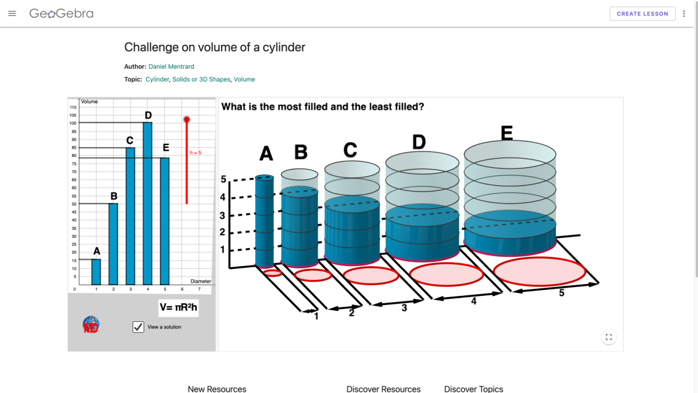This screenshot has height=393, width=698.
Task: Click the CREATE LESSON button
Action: pos(643,14)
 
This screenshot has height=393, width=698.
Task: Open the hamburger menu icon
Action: pos(12,13)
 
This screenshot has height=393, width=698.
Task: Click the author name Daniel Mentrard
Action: pos(171,66)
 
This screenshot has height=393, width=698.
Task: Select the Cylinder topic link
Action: pos(157,79)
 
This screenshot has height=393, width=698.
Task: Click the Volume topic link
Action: pos(244,79)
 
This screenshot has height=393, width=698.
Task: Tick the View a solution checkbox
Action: pos(138,327)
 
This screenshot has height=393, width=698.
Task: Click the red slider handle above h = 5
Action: pos(187,119)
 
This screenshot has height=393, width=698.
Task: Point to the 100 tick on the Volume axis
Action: pos(73,123)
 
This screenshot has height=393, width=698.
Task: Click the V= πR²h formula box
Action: pos(179,307)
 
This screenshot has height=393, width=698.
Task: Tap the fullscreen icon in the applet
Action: pos(608,337)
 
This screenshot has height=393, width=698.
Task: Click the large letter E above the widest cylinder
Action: pos(507,134)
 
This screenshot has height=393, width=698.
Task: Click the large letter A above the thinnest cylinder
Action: pos(266,154)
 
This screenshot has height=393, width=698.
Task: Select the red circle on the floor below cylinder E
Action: pos(539,271)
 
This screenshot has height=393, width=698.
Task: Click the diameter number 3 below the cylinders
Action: pos(404,308)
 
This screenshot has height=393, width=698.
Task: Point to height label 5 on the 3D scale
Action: pos(223,180)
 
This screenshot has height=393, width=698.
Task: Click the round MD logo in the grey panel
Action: pos(91,324)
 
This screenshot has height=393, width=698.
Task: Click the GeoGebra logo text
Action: pos(61,13)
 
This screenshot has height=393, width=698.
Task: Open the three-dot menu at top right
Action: pos(684,14)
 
